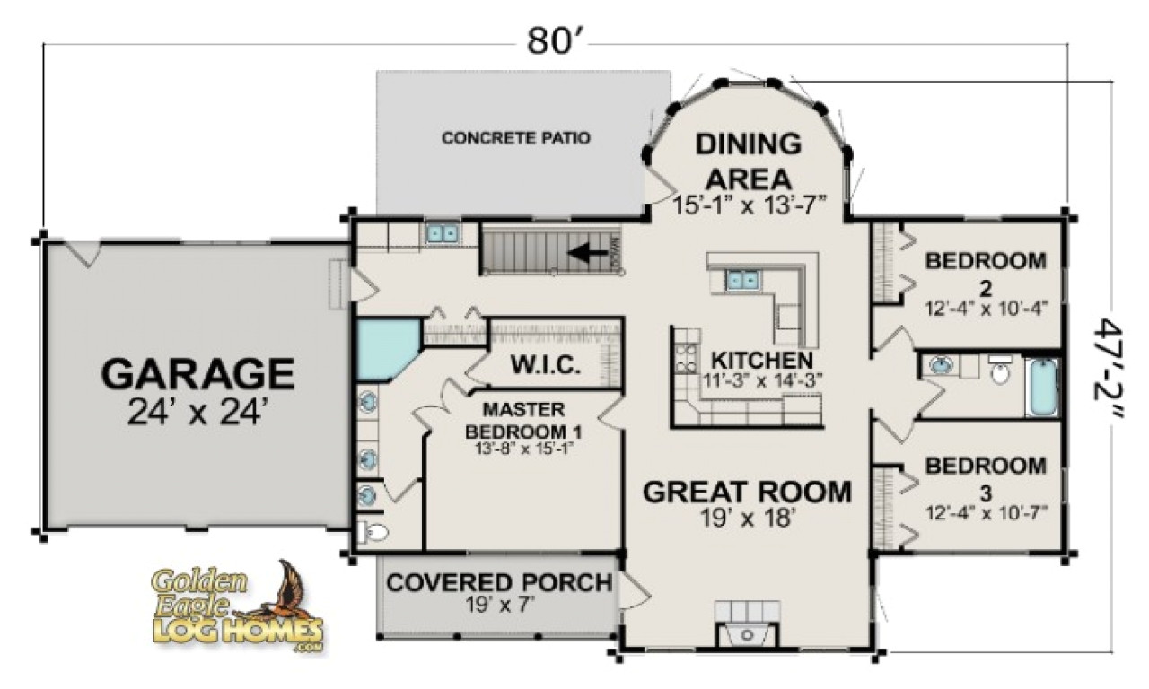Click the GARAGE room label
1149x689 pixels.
[197, 373]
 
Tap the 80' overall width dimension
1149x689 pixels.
[549, 40]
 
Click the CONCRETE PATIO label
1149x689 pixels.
[516, 138]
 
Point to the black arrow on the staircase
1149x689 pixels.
[588, 253]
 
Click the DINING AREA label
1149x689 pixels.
[749, 160]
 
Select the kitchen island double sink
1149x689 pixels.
[741, 280]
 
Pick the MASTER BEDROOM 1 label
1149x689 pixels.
[515, 420]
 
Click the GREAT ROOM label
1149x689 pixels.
[747, 492]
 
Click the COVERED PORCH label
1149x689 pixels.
[499, 583]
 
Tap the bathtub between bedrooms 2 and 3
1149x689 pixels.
[1043, 388]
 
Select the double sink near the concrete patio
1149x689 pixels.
[441, 233]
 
